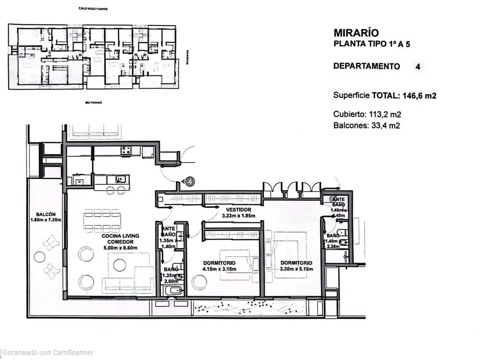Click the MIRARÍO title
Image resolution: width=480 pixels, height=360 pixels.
click(x=356, y=33)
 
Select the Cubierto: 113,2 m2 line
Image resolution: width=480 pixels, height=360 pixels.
click(x=367, y=114)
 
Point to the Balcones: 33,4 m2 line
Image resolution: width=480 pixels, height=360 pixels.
click(x=367, y=125)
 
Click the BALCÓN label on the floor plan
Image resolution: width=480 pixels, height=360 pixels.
click(x=45, y=214)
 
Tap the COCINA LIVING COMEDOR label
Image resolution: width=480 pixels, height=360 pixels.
click(x=120, y=239)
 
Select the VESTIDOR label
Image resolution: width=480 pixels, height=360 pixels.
click(x=238, y=210)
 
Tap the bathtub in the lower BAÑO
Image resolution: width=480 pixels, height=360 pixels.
click(x=172, y=291)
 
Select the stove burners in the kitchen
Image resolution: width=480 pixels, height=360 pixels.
click(x=126, y=151)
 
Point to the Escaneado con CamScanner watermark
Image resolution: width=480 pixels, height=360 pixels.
click(x=47, y=352)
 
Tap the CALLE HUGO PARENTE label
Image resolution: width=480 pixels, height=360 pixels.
click(x=94, y=9)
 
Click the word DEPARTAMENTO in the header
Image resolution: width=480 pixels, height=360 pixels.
click(x=367, y=66)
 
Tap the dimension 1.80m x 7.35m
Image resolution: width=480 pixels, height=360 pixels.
click(x=45, y=220)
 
